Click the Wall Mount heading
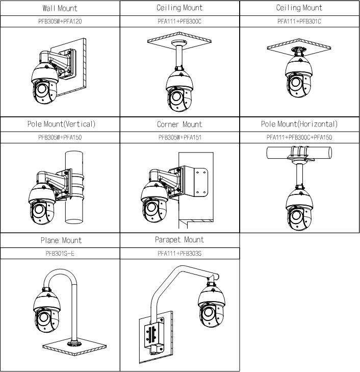(60, 8)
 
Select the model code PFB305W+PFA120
(60, 22)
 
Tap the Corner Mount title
(179, 124)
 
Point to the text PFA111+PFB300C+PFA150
(299, 137)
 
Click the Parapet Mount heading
(179, 240)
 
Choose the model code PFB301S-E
(60, 253)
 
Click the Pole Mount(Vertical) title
(60, 124)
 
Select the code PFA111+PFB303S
(179, 253)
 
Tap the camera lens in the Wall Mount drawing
(41, 91)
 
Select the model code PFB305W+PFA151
(179, 137)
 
